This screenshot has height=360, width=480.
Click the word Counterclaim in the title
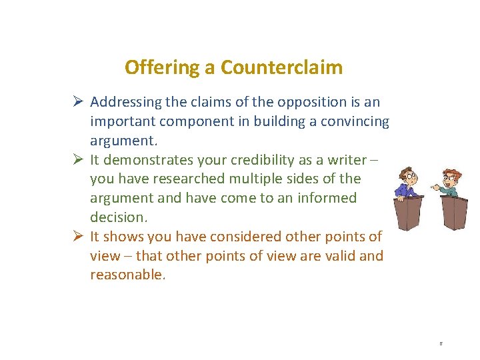pos(281,67)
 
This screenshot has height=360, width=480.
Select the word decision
pos(115,217)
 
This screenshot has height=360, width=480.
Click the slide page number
pos(441,343)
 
